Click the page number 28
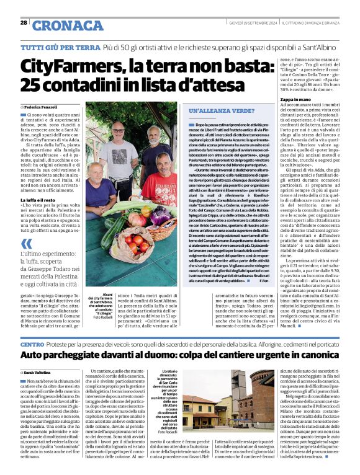[x=23, y=22]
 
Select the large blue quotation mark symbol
[x=25, y=245]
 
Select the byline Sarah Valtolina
[x=41, y=371]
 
